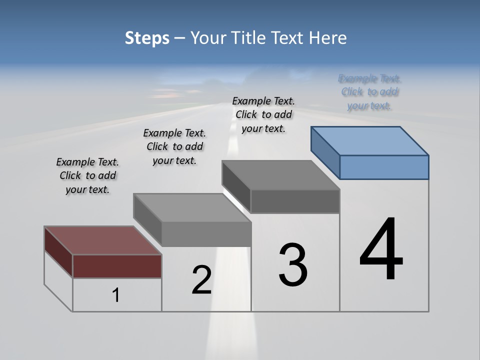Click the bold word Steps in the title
tap(147, 38)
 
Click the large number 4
tap(381, 249)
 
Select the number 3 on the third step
tap(293, 265)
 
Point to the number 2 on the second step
tap(201, 280)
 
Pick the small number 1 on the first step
tap(116, 295)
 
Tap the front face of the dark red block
tap(117, 266)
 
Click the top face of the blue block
tap(369, 140)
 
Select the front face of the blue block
tap(384, 167)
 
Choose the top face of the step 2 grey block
tap(192, 207)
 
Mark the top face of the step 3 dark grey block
tap(280, 175)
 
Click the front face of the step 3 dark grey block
tap(295, 201)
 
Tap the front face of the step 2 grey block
tap(206, 234)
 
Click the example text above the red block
tap(87, 175)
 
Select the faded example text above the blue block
tap(370, 92)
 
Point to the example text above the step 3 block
tap(263, 114)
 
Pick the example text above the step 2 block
tap(174, 146)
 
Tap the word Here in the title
tap(328, 38)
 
